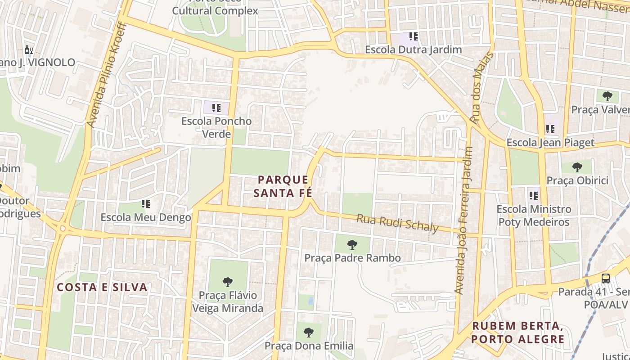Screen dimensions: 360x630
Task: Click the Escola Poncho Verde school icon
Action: point(216,108)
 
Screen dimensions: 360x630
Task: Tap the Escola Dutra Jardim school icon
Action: point(413,36)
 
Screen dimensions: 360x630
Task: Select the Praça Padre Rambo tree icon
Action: point(352,245)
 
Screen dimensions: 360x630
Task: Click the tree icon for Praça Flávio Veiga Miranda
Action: point(228,282)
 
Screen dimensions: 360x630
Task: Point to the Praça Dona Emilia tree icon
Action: point(308,333)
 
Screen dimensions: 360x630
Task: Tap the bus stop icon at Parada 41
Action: point(606,278)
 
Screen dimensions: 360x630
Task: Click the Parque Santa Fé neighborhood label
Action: point(283,186)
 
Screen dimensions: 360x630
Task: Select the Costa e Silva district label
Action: point(102,287)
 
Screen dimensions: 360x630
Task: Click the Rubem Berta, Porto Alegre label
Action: point(517,333)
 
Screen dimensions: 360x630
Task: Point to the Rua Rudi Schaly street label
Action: point(397,224)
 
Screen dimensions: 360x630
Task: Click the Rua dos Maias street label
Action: point(482,88)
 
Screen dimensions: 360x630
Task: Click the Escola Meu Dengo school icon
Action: point(145,204)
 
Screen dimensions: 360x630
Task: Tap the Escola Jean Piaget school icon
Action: point(550,130)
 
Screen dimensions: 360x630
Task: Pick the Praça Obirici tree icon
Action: point(577,167)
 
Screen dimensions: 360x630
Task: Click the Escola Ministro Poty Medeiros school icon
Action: point(534,196)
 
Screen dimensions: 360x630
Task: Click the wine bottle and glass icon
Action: point(29,49)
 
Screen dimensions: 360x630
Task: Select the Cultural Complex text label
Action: point(216,11)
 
